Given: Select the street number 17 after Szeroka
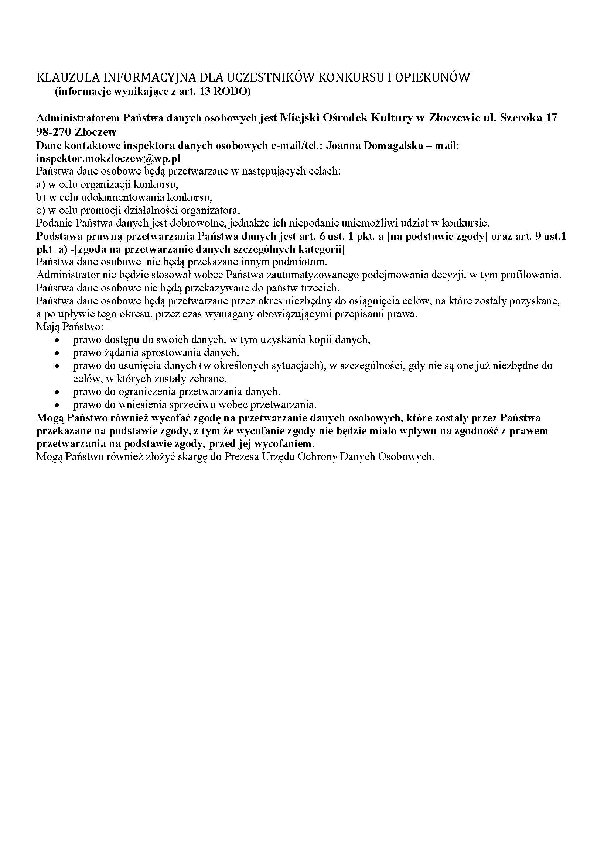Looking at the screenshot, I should point(551,118).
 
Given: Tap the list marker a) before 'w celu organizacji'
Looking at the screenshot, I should point(41,184).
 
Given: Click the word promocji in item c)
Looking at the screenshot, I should point(98,210).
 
